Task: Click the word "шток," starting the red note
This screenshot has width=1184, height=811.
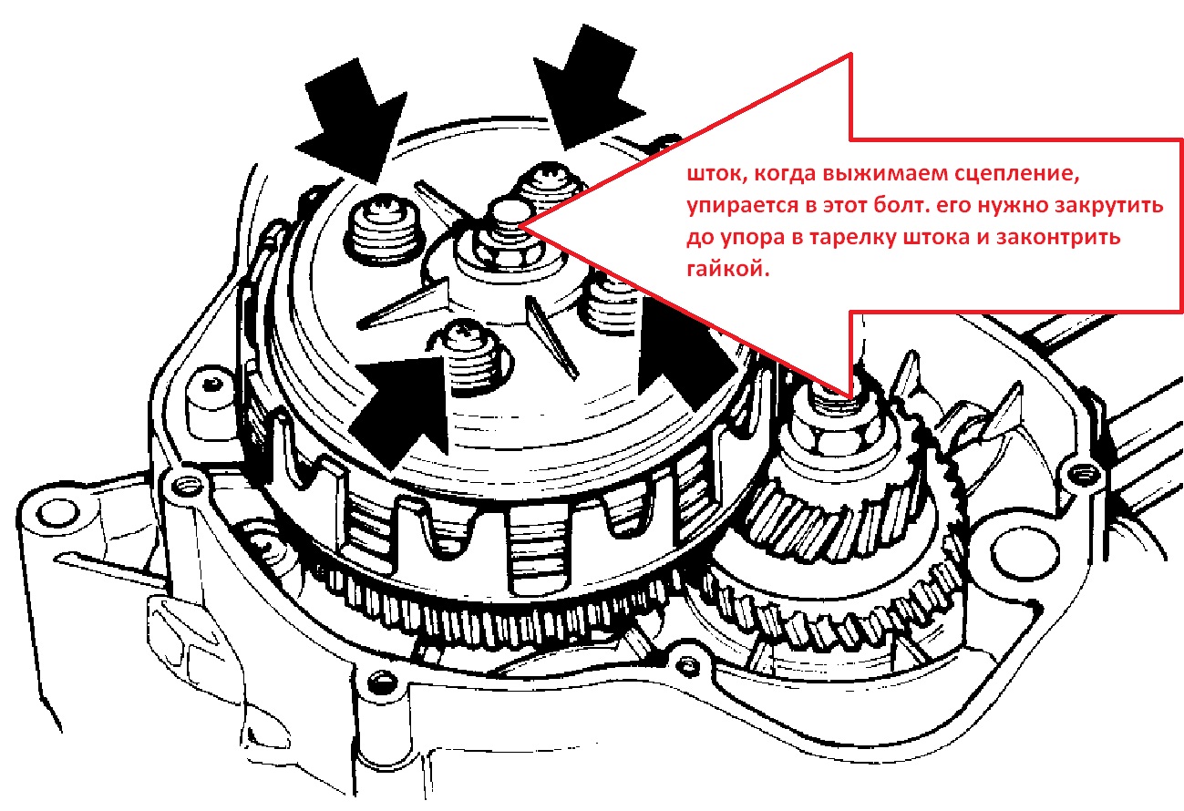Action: (716, 175)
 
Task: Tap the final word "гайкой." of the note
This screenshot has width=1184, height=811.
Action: (728, 269)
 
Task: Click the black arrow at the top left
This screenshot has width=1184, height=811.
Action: (353, 120)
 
